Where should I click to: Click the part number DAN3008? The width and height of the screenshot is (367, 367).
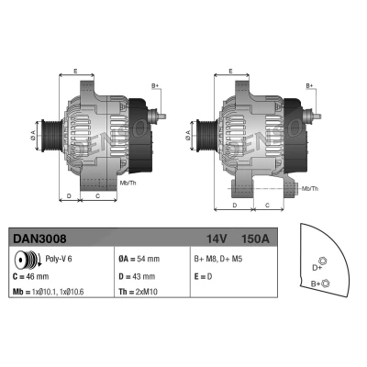pyautogui.click(x=39, y=239)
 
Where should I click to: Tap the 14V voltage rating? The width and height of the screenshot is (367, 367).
pyautogui.click(x=217, y=239)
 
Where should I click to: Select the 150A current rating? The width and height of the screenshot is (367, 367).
pyautogui.click(x=255, y=239)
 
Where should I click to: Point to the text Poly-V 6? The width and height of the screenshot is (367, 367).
pyautogui.click(x=59, y=259)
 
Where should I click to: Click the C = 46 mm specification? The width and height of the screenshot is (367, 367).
pyautogui.click(x=31, y=276)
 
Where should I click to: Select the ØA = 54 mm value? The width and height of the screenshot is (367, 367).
pyautogui.click(x=139, y=259)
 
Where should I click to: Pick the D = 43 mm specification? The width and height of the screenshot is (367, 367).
pyautogui.click(x=137, y=276)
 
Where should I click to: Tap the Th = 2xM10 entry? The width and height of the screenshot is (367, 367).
pyautogui.click(x=138, y=292)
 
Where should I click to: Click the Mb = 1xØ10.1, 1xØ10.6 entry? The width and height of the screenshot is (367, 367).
pyautogui.click(x=49, y=292)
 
